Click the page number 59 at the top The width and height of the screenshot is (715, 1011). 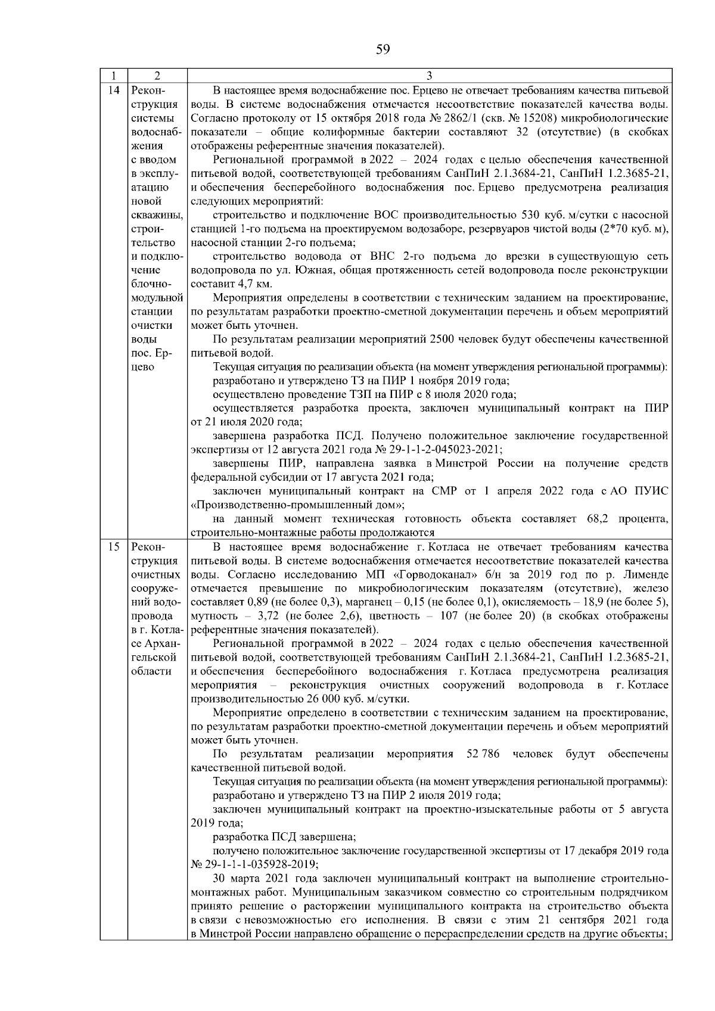coord(383,49)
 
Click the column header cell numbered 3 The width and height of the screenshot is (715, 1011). coord(430,76)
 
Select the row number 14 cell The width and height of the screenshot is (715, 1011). coord(113,91)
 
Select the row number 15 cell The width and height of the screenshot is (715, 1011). coord(113,547)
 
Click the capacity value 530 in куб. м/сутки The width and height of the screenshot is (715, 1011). coord(531,215)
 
